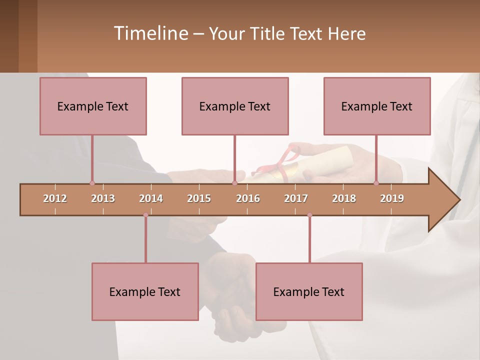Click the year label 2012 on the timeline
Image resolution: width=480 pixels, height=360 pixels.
(x=55, y=198)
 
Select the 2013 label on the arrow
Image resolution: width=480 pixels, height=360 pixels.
(x=103, y=198)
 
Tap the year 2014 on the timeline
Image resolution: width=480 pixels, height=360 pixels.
(x=151, y=198)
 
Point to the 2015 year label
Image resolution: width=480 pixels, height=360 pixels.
(x=199, y=198)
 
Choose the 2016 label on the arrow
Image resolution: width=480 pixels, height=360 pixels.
(x=248, y=198)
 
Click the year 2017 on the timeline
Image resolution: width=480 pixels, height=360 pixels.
(x=296, y=198)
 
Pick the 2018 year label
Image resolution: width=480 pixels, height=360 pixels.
(x=344, y=198)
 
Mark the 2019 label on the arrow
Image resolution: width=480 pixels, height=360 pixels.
(x=392, y=198)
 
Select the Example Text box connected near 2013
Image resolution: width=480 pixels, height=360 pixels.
(x=93, y=106)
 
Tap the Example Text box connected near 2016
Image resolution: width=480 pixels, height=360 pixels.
(x=235, y=106)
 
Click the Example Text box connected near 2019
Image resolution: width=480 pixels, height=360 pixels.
(x=377, y=106)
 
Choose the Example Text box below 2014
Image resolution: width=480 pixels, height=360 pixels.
(x=145, y=291)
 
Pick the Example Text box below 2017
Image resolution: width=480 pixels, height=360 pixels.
(x=309, y=291)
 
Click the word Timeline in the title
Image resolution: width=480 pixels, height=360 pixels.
(x=150, y=33)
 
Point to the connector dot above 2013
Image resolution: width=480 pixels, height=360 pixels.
(x=92, y=183)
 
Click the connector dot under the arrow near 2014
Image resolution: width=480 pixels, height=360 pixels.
(x=145, y=215)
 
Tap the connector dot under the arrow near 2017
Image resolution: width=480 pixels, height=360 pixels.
(x=309, y=215)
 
